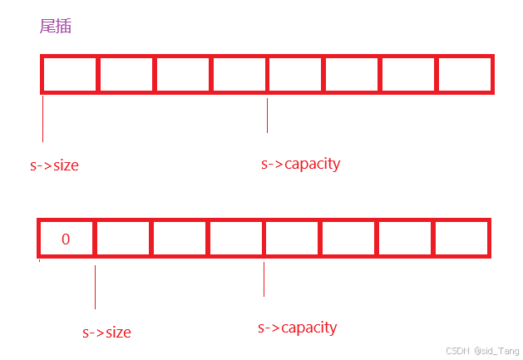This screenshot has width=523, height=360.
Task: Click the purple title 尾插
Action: [56, 27]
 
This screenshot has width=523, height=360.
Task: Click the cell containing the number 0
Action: [67, 239]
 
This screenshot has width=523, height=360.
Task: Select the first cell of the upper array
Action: [70, 75]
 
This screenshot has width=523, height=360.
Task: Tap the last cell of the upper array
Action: [464, 75]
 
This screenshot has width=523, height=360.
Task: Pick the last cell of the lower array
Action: [461, 239]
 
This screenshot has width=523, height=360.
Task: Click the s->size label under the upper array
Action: [54, 165]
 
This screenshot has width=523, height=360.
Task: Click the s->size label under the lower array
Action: [106, 333]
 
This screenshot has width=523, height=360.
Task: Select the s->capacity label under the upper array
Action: [300, 164]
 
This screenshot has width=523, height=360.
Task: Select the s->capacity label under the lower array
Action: [297, 328]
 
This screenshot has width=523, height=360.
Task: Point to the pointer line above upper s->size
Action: [42, 119]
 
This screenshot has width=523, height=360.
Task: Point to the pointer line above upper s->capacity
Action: [267, 116]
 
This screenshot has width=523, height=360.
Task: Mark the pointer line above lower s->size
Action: [95, 286]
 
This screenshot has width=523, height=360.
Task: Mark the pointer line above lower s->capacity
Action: [264, 279]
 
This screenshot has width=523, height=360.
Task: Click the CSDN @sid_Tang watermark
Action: [482, 351]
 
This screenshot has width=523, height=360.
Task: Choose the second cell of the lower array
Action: [123, 239]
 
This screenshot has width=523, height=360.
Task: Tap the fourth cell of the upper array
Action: [239, 75]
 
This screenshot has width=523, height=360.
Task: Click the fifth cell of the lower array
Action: [292, 239]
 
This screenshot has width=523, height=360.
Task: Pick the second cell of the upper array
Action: [126, 75]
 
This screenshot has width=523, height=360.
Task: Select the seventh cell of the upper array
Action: [408, 75]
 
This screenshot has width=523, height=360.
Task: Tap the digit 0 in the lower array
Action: [66, 239]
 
